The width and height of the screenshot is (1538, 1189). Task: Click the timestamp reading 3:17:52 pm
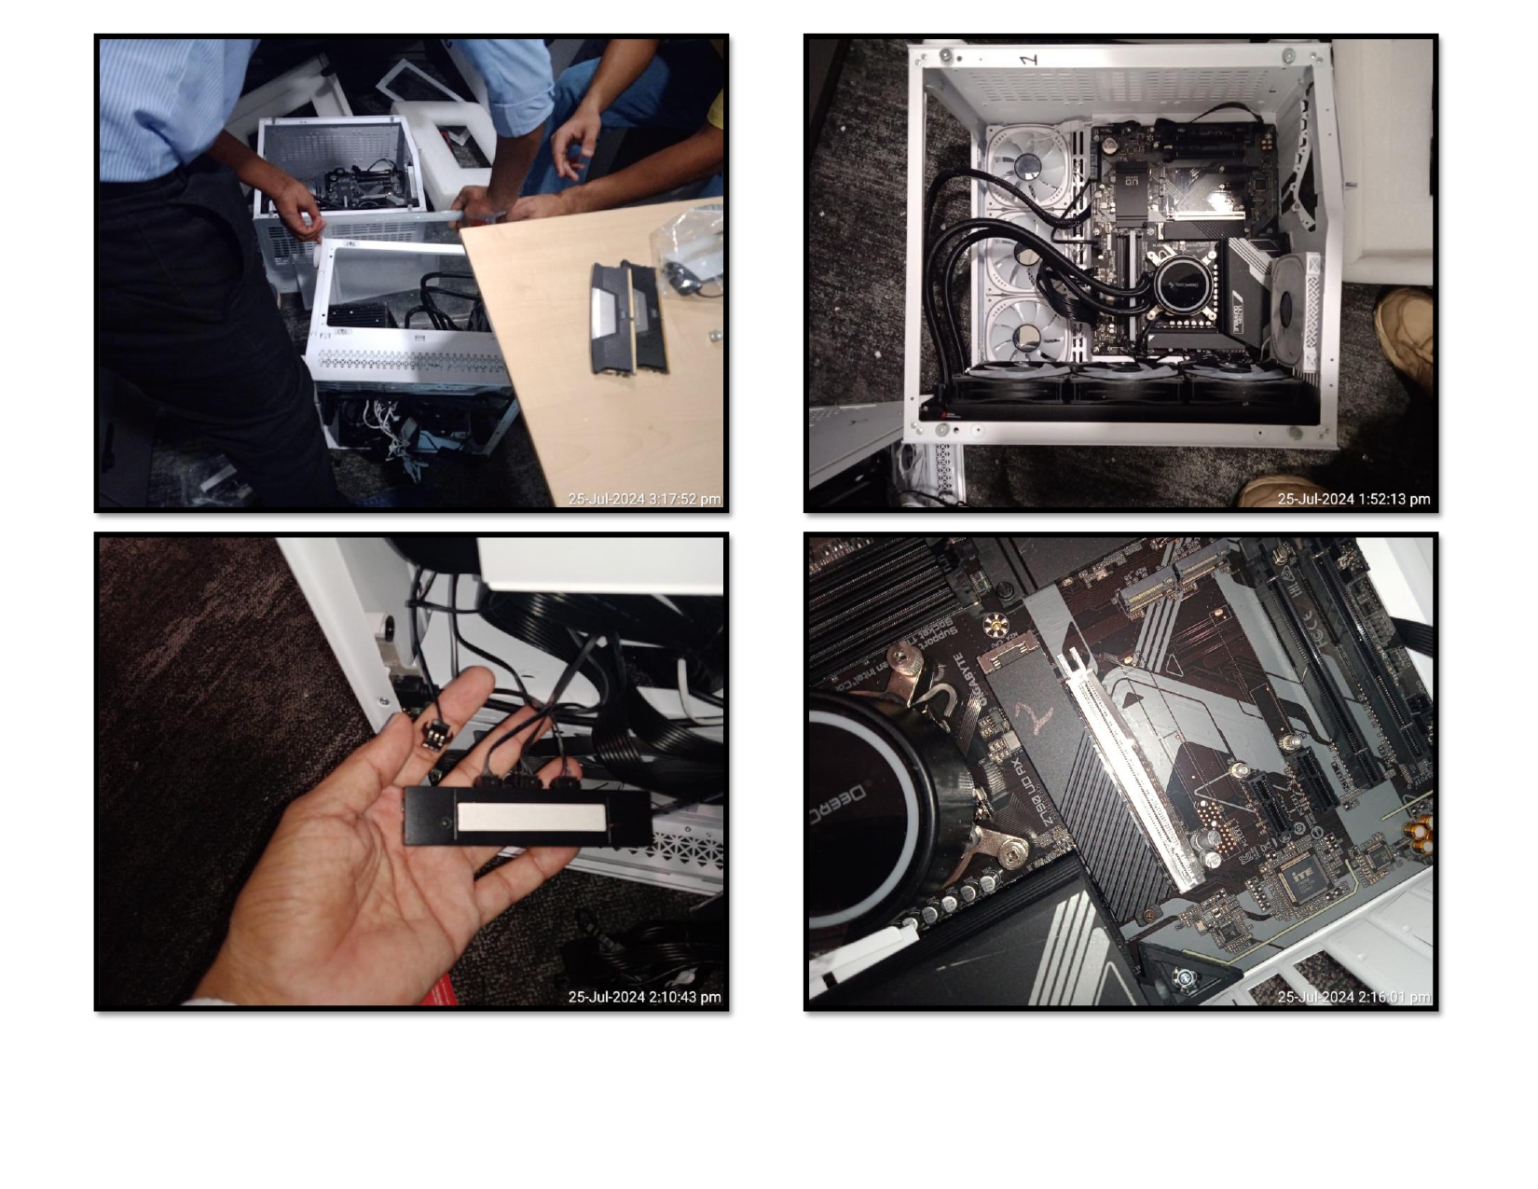pos(644,499)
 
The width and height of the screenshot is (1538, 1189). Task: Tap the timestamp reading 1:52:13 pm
pos(1353,499)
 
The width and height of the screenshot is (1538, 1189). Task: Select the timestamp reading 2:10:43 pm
pos(644,997)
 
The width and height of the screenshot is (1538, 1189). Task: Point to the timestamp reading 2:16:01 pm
pos(1353,997)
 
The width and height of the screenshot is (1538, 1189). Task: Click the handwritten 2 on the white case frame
pos(1028,60)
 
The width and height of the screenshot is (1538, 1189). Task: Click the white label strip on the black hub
pos(530,819)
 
